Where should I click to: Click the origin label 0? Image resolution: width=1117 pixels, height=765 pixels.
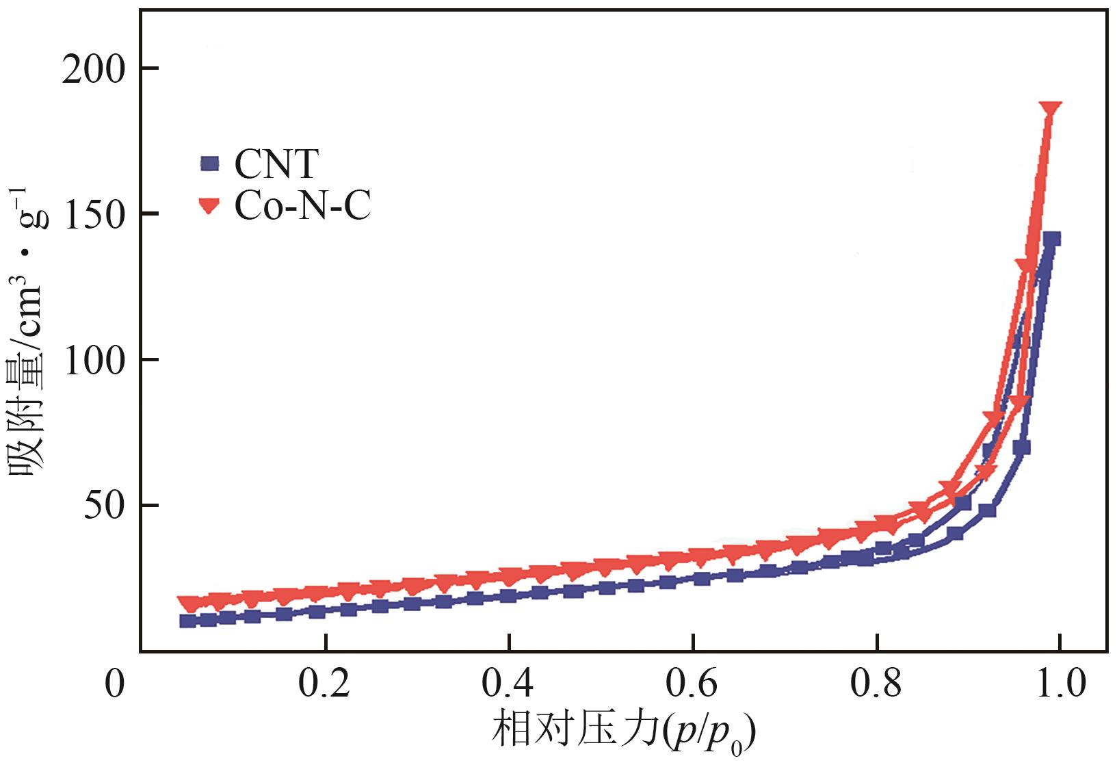(x=115, y=685)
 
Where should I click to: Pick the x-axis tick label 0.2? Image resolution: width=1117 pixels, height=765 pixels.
(x=326, y=685)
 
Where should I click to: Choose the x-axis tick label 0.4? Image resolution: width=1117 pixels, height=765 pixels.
(x=510, y=685)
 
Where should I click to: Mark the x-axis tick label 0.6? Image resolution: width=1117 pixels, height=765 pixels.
(x=693, y=685)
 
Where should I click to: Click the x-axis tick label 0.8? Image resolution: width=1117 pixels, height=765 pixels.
(x=876, y=685)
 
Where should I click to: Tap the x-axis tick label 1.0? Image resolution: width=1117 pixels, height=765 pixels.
(x=1060, y=685)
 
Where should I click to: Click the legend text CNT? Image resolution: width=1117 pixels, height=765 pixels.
(x=276, y=164)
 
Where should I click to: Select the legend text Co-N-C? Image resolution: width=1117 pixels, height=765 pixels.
(x=302, y=206)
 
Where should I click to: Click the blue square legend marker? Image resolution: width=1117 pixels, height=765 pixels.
(x=210, y=164)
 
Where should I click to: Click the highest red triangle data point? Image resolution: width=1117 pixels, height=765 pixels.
(x=1051, y=111)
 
